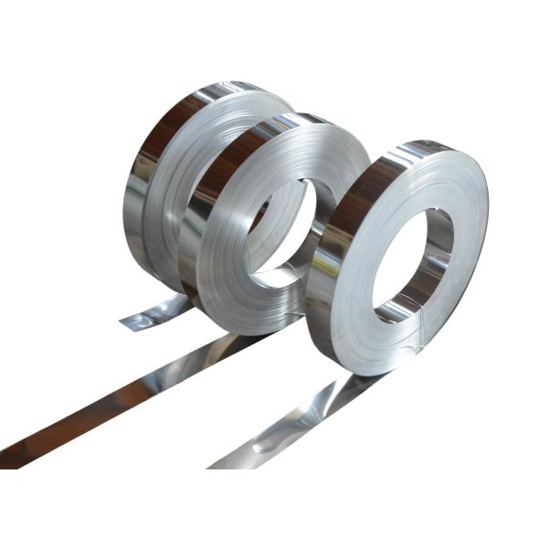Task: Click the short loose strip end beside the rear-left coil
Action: click(151, 315)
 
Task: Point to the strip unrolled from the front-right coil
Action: click(301, 420)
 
